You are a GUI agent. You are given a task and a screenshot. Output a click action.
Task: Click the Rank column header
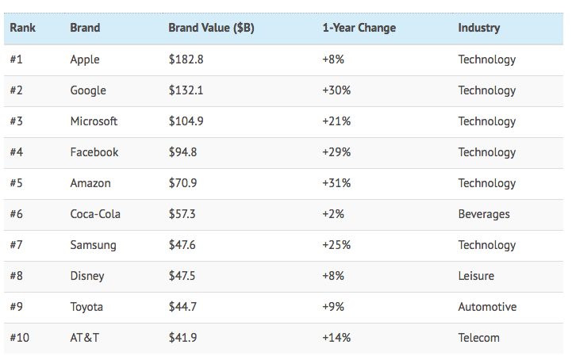click(23, 28)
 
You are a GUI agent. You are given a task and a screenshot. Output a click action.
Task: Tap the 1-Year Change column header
click(359, 28)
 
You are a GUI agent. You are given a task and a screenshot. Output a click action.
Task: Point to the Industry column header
click(478, 28)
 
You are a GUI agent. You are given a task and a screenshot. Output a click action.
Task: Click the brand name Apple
click(85, 59)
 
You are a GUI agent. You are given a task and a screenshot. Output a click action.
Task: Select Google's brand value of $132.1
click(186, 90)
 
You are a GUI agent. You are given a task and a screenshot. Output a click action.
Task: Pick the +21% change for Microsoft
click(336, 121)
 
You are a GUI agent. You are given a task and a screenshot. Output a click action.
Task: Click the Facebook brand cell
click(94, 152)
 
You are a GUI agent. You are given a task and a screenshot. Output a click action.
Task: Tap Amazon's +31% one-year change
click(336, 183)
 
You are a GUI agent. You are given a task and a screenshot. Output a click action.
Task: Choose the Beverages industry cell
click(484, 214)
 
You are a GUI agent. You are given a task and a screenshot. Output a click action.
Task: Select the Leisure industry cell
click(476, 276)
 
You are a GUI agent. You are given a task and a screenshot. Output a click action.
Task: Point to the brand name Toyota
click(86, 307)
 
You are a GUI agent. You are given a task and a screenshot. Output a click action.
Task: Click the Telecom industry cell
click(478, 338)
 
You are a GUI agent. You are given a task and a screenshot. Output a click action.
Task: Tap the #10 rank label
click(20, 338)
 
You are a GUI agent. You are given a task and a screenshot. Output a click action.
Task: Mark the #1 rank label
click(17, 59)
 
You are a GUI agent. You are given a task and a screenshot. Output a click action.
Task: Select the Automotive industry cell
click(487, 307)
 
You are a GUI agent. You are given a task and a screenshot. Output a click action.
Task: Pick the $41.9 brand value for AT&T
click(182, 338)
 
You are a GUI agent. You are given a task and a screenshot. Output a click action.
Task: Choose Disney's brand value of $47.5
click(182, 276)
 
